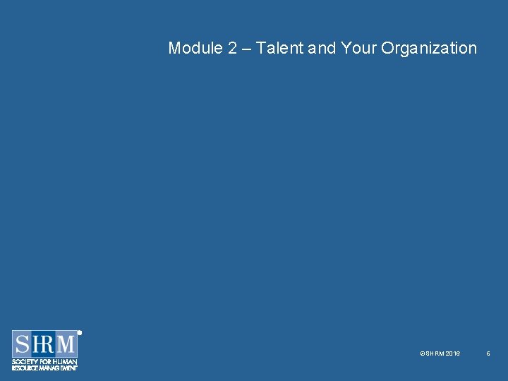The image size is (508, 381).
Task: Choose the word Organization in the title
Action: pyautogui.click(x=429, y=48)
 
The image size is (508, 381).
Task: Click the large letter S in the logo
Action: pyautogui.click(x=23, y=344)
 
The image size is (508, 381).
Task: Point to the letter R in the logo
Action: pyautogui.click(x=48, y=344)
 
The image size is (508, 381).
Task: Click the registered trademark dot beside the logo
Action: pyautogui.click(x=80, y=332)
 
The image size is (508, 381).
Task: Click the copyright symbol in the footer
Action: pyautogui.click(x=422, y=353)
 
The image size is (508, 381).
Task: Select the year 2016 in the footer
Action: pyautogui.click(x=453, y=353)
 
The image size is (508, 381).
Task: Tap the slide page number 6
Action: pyautogui.click(x=488, y=353)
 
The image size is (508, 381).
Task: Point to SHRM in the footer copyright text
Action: pyautogui.click(x=434, y=353)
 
